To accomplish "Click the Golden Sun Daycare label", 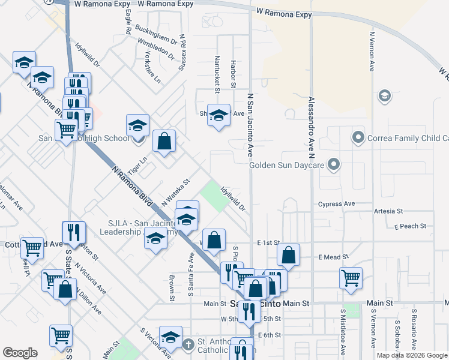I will tap(287, 164).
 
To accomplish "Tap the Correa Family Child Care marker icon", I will tap(358, 138).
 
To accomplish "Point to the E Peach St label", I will tap(410, 226).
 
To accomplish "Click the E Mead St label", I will tap(331, 257).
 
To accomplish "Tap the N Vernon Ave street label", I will tap(372, 52).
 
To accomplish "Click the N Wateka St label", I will tap(175, 192).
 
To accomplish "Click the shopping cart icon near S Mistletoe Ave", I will tap(351, 277).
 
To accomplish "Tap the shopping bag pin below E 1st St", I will tap(289, 254).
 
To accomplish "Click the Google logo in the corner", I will tap(20, 353).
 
